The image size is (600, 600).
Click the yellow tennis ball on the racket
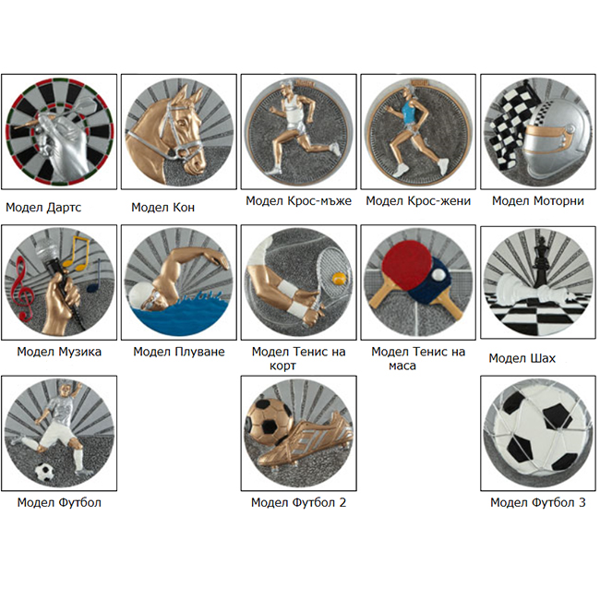coord(339,279)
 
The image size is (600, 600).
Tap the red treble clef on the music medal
coord(21,289)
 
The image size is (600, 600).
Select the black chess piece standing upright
coord(542,260)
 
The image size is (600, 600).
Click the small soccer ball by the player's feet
coord(45,472)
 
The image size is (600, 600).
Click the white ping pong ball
coord(438,273)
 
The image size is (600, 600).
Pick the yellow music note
coord(77,252)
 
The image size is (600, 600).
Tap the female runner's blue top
coord(410,109)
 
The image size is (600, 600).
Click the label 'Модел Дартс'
coord(43,208)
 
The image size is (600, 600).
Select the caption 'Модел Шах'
coord(522,358)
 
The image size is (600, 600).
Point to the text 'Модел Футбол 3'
coord(537,502)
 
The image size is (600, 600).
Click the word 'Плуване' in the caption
coord(200,352)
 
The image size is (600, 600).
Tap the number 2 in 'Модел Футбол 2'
coord(342,502)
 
